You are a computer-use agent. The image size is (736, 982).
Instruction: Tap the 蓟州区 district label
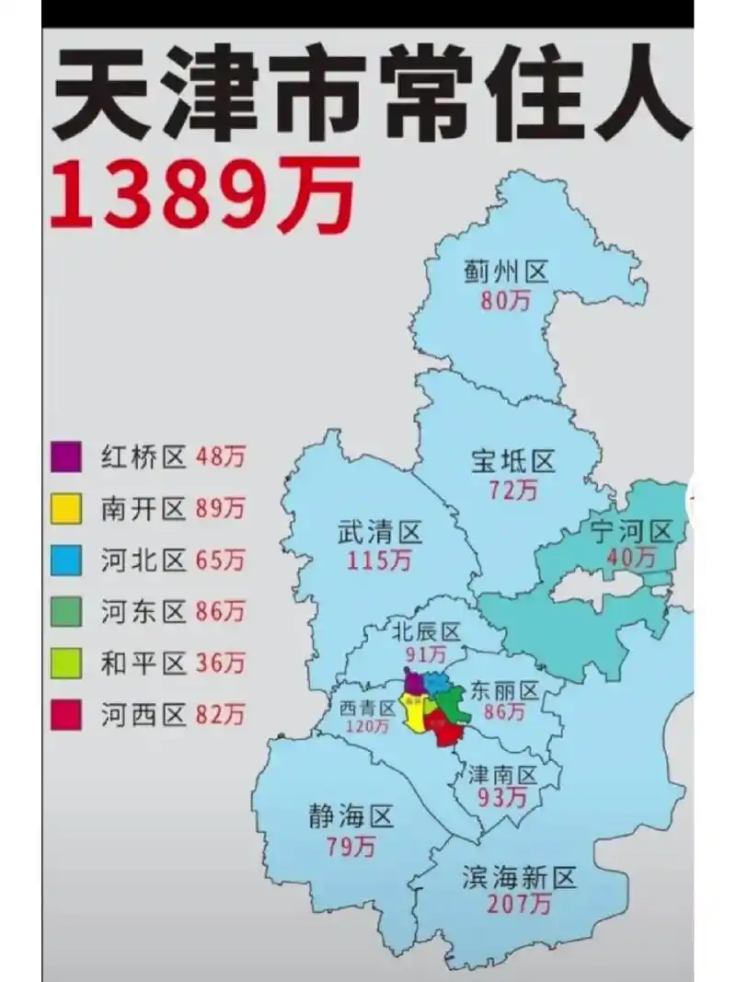[x=506, y=272]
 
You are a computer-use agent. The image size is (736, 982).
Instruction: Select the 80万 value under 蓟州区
[x=505, y=301]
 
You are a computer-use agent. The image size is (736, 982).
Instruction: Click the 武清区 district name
[x=379, y=532]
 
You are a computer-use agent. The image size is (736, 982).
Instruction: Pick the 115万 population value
[x=378, y=560]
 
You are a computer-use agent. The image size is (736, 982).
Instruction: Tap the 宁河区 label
[x=632, y=531]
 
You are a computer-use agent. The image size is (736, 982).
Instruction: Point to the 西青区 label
[x=366, y=708]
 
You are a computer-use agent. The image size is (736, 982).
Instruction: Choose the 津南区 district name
[x=502, y=773]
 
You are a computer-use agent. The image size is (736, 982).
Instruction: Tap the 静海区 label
[x=351, y=816]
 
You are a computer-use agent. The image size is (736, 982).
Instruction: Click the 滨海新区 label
[x=519, y=878]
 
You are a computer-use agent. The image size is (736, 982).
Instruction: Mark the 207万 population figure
[x=520, y=906]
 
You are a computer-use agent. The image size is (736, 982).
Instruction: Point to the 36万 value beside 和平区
[x=220, y=662]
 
